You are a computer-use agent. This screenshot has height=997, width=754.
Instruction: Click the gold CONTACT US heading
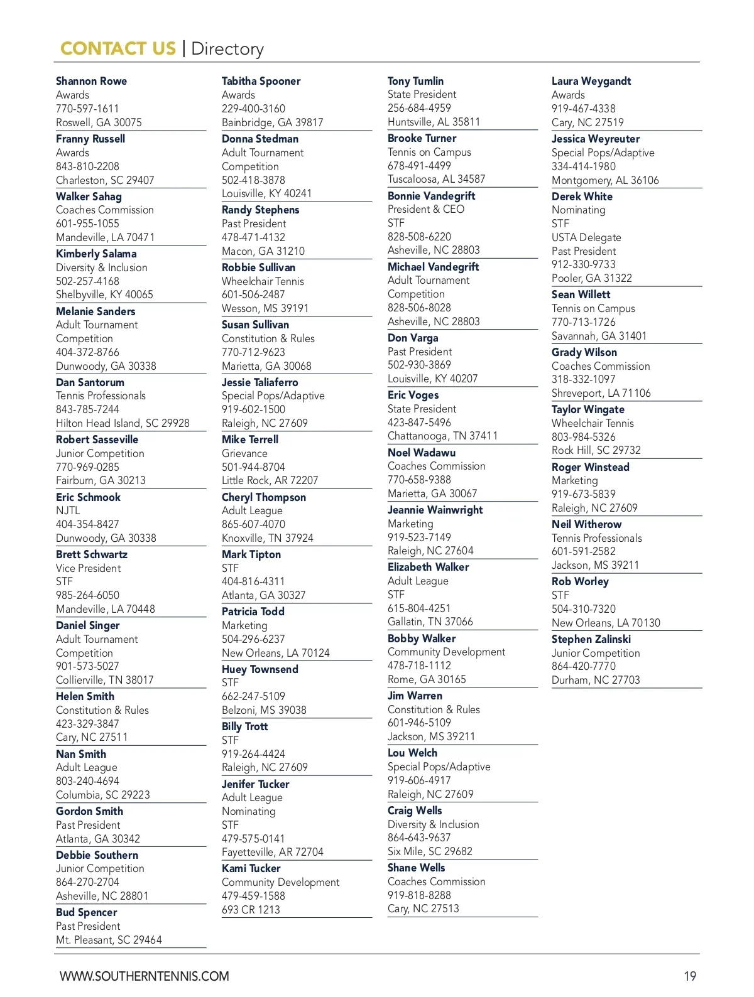pyautogui.click(x=117, y=48)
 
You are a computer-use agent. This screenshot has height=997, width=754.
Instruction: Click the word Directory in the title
pyautogui.click(x=227, y=48)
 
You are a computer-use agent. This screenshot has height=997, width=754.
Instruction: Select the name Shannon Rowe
pyautogui.click(x=91, y=81)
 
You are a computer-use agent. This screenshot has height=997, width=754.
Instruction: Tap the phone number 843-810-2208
pyautogui.click(x=87, y=166)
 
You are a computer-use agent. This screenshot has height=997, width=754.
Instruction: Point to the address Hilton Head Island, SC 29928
pyautogui.click(x=123, y=423)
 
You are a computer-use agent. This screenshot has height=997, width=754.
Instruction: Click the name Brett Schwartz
pyautogui.click(x=92, y=554)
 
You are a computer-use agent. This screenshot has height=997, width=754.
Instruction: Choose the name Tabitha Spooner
pyautogui.click(x=261, y=81)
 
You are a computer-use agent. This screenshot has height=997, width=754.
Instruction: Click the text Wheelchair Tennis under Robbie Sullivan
pyautogui.click(x=263, y=281)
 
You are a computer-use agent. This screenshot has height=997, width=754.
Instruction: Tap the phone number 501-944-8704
pyautogui.click(x=253, y=467)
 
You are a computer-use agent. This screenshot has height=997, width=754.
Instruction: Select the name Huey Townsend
pyautogui.click(x=260, y=669)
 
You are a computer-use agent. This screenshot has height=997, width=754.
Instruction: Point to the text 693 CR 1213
pyautogui.click(x=251, y=910)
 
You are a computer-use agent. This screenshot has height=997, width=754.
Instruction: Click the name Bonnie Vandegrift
pyautogui.click(x=431, y=196)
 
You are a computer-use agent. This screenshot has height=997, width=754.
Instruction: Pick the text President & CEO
pyautogui.click(x=426, y=209)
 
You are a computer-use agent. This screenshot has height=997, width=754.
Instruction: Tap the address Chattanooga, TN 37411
pyautogui.click(x=442, y=436)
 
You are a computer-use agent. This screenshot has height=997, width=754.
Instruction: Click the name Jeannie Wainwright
pyautogui.click(x=435, y=510)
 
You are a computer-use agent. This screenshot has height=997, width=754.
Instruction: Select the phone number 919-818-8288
pyautogui.click(x=419, y=895)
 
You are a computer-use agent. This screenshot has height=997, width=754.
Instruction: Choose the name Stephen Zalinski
pyautogui.click(x=591, y=639)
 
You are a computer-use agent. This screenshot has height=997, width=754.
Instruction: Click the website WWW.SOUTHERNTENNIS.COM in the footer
pyautogui.click(x=145, y=976)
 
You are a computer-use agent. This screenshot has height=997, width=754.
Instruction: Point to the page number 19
pyautogui.click(x=690, y=976)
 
